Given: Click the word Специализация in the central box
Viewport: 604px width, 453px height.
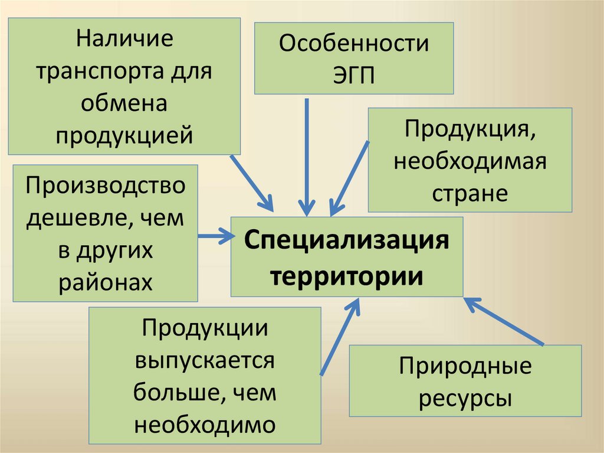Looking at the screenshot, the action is tap(346, 241).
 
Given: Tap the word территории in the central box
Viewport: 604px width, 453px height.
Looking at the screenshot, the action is tap(346, 275).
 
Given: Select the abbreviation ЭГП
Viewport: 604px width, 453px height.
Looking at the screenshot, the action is tap(354, 77).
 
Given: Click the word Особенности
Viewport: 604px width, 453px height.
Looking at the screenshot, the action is tap(354, 45).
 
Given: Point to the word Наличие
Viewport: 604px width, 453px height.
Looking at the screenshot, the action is tap(124, 41).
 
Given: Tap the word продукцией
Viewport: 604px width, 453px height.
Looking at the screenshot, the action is tap(124, 136).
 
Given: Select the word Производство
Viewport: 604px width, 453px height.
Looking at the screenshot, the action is tap(105, 187).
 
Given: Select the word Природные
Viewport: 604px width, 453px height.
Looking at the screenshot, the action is tap(465, 366).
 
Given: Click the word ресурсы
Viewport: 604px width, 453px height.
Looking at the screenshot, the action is tap(465, 398).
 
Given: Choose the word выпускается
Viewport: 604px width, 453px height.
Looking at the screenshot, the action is tap(205, 360).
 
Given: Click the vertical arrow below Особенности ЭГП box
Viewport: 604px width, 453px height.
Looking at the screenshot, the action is tap(306, 157).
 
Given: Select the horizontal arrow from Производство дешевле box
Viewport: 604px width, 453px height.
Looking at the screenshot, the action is tap(215, 236).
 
